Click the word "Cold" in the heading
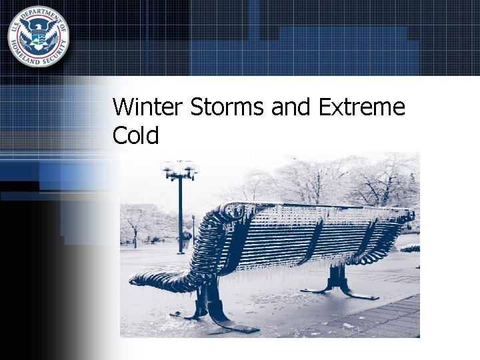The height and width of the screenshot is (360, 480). point(136,136)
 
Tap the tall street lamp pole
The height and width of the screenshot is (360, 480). point(180,213)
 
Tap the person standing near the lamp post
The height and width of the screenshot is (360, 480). point(187,238)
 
